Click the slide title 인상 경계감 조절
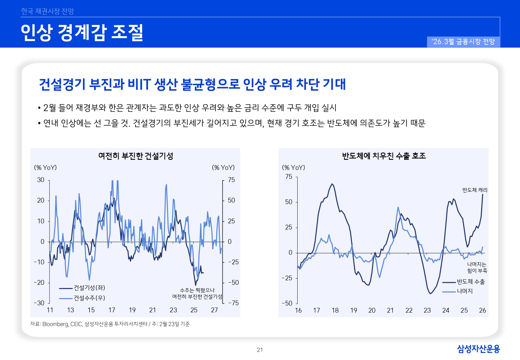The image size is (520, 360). [82, 33]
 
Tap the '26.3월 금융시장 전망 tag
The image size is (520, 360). [463, 42]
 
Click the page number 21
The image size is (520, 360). [260, 350]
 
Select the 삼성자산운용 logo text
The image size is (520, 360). [478, 349]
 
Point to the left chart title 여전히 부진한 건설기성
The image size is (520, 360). [136, 156]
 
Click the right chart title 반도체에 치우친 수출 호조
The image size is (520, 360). [384, 156]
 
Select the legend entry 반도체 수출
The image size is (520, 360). [470, 282]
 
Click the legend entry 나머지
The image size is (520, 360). [465, 291]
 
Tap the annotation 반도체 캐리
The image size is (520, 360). [475, 190]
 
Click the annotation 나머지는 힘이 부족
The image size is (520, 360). [477, 268]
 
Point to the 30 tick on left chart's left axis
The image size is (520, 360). [41, 180]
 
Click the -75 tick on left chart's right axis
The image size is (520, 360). [233, 303]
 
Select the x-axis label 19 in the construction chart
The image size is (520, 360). [132, 310]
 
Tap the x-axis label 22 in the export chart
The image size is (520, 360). [409, 310]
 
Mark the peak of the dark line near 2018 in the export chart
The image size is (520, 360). [332, 184]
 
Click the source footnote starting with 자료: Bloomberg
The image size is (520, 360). [110, 324]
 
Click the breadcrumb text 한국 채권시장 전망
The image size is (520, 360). [47, 12]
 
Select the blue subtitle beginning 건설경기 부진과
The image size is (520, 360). [192, 84]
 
